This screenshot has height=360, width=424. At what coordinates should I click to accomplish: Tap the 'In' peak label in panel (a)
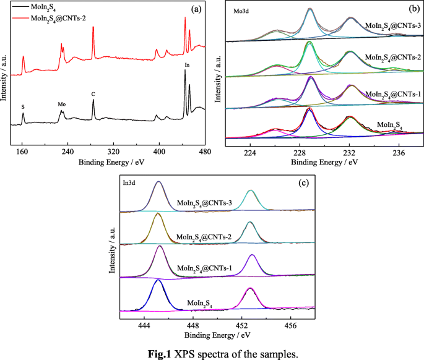[x=187, y=64]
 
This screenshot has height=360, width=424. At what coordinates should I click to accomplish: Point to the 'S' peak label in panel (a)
[x=23, y=107]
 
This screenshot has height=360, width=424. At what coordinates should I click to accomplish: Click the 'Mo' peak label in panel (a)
[x=61, y=105]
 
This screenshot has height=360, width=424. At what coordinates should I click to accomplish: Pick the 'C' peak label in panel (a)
[x=93, y=94]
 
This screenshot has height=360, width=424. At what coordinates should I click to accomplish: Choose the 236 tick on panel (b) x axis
[x=398, y=152]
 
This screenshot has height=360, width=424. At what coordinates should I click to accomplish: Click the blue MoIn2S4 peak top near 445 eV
[x=158, y=280]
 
